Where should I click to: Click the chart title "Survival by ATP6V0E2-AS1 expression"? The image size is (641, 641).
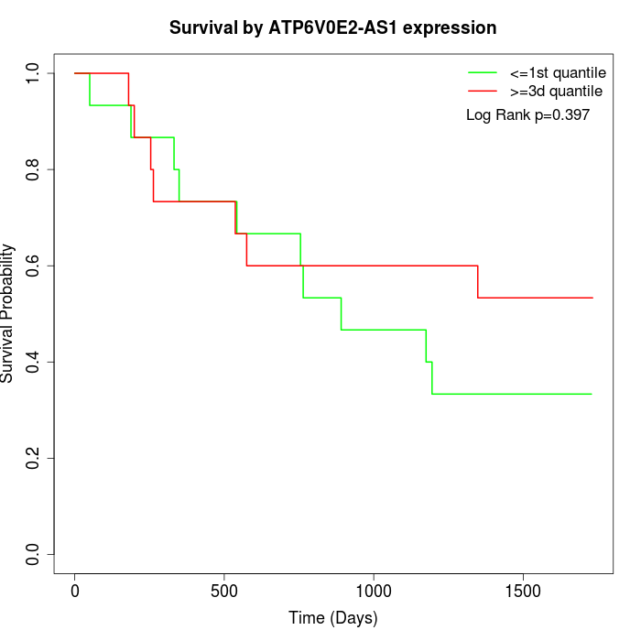click(x=333, y=27)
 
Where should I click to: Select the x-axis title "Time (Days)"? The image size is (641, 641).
click(x=333, y=618)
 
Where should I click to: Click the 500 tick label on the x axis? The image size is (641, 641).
click(x=224, y=591)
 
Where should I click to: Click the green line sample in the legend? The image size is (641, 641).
click(x=483, y=72)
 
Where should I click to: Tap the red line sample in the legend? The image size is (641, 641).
click(x=483, y=91)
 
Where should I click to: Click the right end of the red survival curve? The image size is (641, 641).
click(x=592, y=298)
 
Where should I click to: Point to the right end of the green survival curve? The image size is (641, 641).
click(x=592, y=394)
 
